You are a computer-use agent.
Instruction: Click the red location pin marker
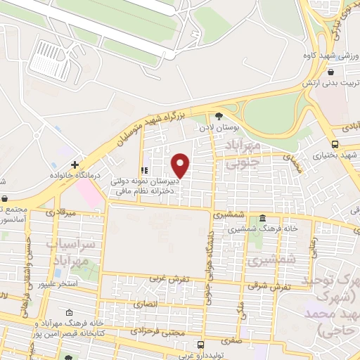(181, 165)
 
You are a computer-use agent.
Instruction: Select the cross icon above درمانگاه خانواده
(75, 165)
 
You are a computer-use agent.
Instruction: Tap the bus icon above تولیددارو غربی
(201, 345)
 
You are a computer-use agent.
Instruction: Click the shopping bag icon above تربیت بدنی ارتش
(330, 72)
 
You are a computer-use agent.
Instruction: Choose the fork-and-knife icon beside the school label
(144, 170)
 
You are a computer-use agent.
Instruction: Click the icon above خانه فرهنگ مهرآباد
(68, 312)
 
